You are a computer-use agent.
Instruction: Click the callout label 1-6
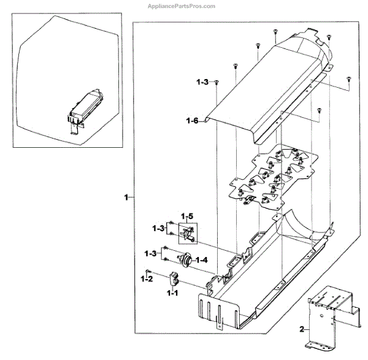click(192, 121)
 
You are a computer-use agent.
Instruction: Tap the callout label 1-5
click(187, 216)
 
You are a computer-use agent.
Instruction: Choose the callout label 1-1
click(174, 294)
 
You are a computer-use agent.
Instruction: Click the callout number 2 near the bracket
click(301, 329)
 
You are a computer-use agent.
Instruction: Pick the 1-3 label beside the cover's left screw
click(203, 82)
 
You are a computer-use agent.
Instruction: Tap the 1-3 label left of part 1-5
click(158, 228)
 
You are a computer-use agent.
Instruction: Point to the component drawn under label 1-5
click(188, 234)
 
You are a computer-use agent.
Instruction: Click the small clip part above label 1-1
click(174, 279)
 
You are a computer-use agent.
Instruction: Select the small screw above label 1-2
click(148, 270)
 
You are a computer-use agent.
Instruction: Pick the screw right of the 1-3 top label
click(217, 82)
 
